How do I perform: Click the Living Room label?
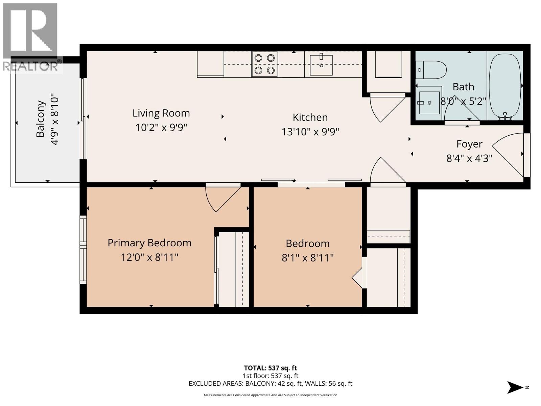(161, 113)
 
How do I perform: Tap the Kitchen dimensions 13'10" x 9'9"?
(310, 132)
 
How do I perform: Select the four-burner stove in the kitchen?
(264, 64)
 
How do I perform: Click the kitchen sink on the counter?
(321, 65)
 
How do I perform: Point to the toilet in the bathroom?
(431, 70)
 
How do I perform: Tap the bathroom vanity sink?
(430, 103)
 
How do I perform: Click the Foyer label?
(469, 144)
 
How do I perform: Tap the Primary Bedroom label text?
(149, 243)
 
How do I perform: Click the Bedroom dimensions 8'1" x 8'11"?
(307, 258)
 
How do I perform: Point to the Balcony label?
(41, 119)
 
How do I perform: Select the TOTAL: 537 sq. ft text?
(270, 368)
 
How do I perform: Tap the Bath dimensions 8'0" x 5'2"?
(463, 101)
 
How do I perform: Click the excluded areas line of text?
(270, 384)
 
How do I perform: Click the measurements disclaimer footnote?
(270, 395)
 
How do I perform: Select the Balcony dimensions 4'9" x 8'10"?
(55, 120)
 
